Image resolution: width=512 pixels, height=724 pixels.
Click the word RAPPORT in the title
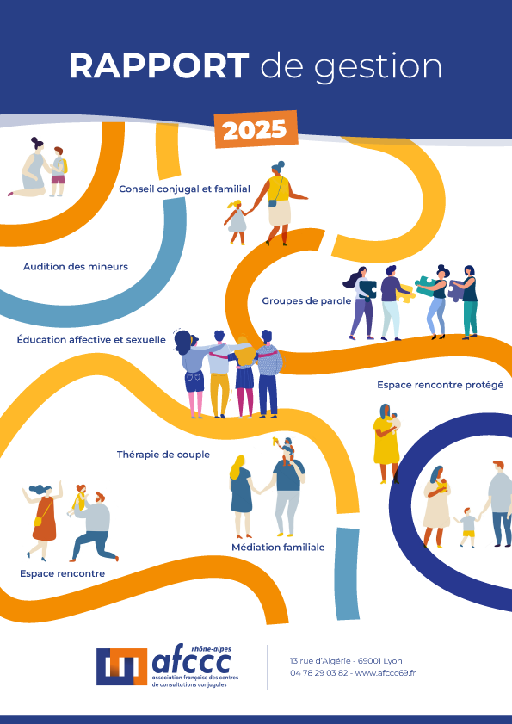[x=159, y=66]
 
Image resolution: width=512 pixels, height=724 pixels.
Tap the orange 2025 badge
[x=256, y=129]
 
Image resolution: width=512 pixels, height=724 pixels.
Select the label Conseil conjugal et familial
[x=185, y=189]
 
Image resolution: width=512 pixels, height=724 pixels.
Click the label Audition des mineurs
[x=76, y=266]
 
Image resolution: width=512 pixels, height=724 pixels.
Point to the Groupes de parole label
[x=306, y=301]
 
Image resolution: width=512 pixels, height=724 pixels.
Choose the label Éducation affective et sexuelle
[x=91, y=340]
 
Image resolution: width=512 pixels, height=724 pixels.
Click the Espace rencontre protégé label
[x=440, y=385]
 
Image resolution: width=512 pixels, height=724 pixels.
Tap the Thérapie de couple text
[x=163, y=455]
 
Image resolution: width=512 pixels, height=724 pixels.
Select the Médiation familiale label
[x=278, y=548]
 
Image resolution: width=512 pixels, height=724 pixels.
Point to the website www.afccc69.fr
[x=386, y=672]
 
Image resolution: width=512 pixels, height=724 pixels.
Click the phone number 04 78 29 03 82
[x=319, y=672]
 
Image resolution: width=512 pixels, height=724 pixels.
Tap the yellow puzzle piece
[x=404, y=293]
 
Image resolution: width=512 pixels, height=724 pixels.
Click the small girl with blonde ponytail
[x=237, y=222]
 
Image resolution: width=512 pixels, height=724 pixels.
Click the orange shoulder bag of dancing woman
[x=37, y=522]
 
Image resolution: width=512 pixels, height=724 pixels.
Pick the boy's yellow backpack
[x=65, y=166]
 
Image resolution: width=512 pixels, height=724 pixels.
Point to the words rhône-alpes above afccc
[x=211, y=648]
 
